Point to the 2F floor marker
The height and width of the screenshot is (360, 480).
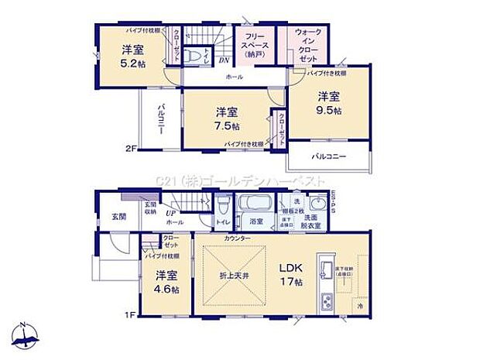tap(132, 149)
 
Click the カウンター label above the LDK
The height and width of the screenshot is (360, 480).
tap(238, 237)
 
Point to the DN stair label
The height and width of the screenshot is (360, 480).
tap(223, 60)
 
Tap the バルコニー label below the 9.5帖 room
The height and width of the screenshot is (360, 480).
tap(329, 156)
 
